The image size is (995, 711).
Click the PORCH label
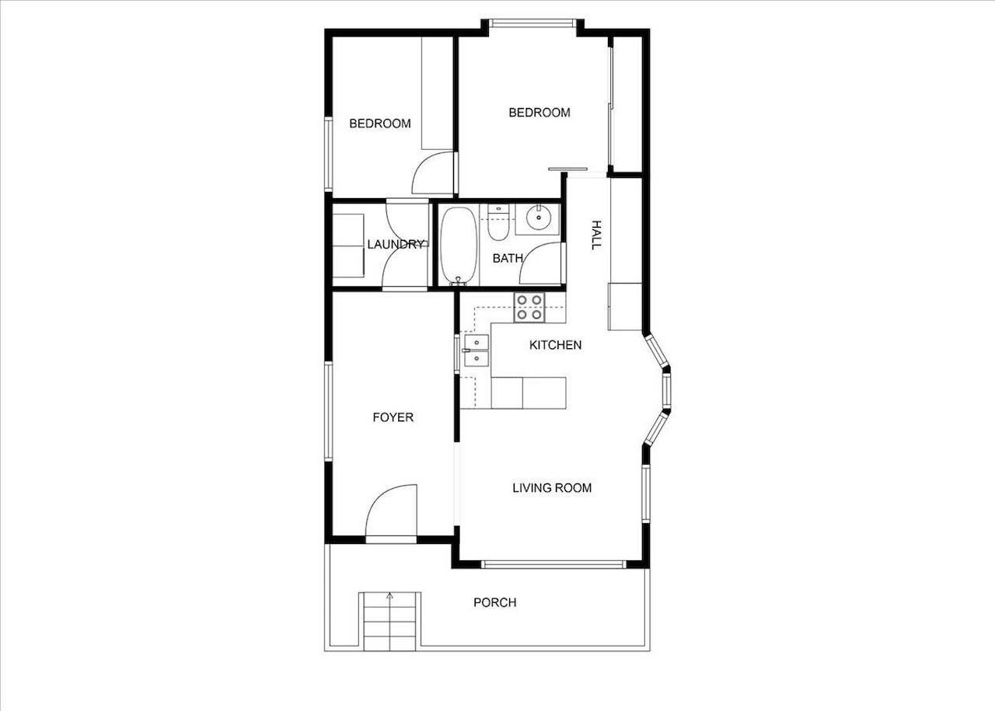[x=494, y=602]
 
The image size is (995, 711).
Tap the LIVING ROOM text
[x=552, y=488]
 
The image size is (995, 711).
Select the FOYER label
[x=393, y=417]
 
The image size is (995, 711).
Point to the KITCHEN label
[x=555, y=345]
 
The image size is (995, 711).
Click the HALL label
[x=596, y=234]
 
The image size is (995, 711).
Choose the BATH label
[x=507, y=258]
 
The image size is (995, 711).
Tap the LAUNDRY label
[x=396, y=244]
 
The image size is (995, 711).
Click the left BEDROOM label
[x=379, y=124]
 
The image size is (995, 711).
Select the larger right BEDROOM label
[x=539, y=113]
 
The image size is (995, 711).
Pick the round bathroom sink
[x=537, y=218]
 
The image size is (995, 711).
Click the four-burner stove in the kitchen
[x=529, y=308]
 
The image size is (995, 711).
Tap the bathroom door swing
[x=541, y=264]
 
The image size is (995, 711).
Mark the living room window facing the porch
[x=552, y=564]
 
